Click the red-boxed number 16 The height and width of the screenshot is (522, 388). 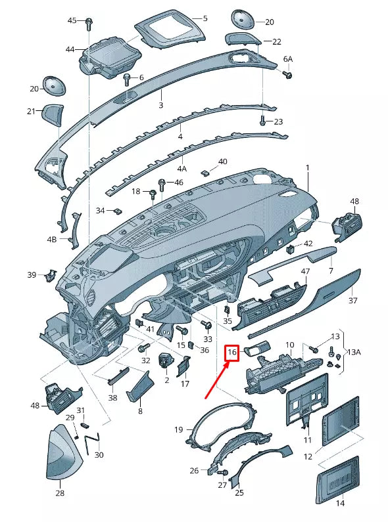click(x=231, y=353)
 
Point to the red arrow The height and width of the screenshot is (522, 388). click(x=216, y=378)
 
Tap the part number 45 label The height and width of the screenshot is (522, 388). click(x=72, y=21)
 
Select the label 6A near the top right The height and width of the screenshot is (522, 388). click(x=287, y=59)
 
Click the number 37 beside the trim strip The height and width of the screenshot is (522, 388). click(x=353, y=300)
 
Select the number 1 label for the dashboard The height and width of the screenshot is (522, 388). click(x=306, y=168)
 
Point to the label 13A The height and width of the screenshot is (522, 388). click(x=354, y=352)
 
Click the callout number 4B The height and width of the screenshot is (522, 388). click(x=51, y=240)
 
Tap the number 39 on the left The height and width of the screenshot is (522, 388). click(x=32, y=274)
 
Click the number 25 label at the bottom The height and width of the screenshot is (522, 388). click(x=239, y=492)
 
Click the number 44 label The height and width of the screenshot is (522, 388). click(x=70, y=49)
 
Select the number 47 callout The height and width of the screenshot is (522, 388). click(x=305, y=271)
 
